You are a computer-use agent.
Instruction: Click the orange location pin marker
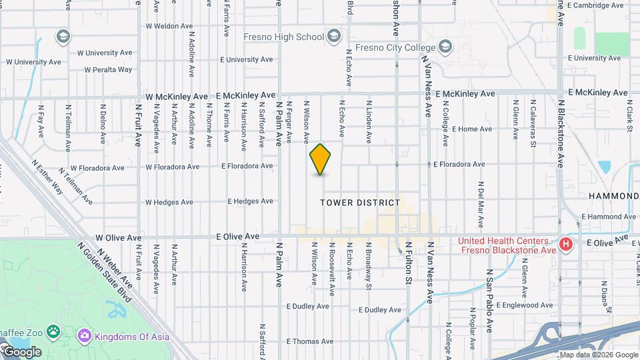[321, 159]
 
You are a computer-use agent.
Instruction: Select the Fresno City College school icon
[445, 47]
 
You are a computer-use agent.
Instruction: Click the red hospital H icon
[566, 245]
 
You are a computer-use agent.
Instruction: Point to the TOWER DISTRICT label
[360, 203]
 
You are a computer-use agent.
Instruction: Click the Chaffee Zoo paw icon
[53, 331]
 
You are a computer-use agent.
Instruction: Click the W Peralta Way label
[109, 69]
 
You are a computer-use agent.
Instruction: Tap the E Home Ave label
[471, 129]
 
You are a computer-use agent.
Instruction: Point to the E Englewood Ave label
[524, 305]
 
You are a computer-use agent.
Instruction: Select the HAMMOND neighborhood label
[613, 196]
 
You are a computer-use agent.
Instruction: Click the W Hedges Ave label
[169, 202]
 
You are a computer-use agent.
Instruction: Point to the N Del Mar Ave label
[480, 203]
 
